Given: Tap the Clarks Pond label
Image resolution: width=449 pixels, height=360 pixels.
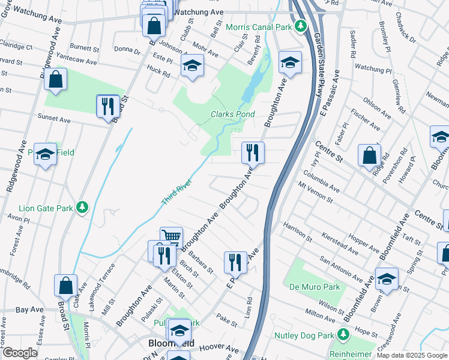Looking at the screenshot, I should click(x=232, y=114).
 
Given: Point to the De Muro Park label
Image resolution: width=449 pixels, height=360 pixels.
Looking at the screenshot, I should click(x=315, y=287).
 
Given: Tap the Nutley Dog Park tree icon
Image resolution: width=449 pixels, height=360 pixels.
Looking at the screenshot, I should click(x=343, y=334).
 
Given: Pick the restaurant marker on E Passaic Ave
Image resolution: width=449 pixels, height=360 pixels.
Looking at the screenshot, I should click(x=235, y=262).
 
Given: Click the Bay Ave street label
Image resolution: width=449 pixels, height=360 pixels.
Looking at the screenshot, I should click(x=29, y=310).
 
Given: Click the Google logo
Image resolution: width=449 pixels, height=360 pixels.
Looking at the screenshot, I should click(x=20, y=353).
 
